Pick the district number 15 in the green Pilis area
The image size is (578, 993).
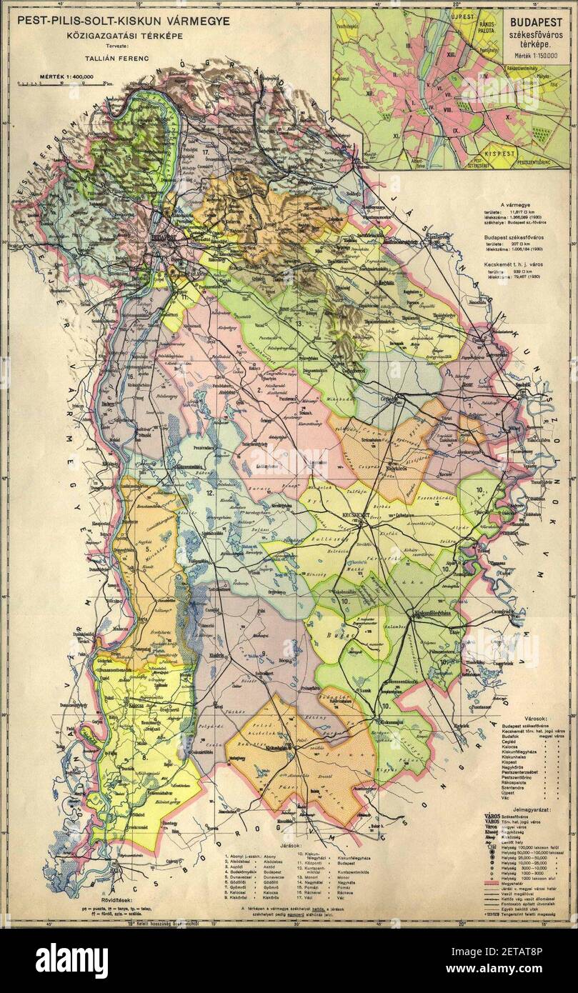pyautogui.click(x=129, y=156)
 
